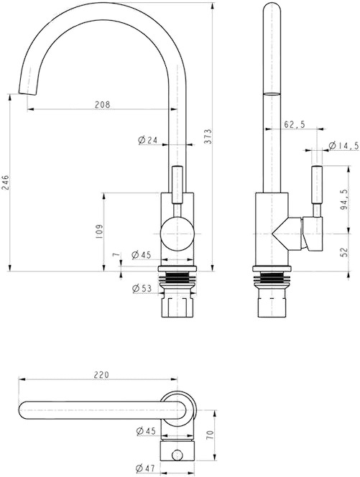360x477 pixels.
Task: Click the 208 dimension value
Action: click(102, 105)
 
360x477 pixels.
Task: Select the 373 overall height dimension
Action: click(208, 136)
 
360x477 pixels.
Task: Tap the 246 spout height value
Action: click(6, 182)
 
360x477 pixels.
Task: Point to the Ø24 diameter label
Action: click(147, 140)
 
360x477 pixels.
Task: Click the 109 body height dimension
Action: click(99, 231)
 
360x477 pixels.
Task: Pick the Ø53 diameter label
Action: click(142, 288)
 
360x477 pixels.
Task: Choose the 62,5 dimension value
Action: click(295, 124)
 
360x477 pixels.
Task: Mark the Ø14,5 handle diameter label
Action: click(344, 146)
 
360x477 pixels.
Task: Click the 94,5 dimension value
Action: click(344, 199)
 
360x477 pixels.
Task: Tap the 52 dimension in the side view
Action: click(344, 252)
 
